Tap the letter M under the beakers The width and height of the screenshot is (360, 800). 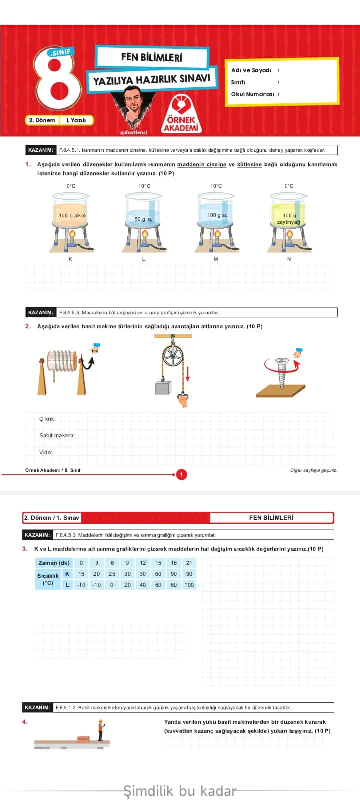(x=216, y=259)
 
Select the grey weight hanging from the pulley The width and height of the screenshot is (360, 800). (x=163, y=388)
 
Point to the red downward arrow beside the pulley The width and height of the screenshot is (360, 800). (x=188, y=372)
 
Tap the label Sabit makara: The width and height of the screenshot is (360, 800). (x=57, y=435)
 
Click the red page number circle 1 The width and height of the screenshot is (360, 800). (x=182, y=474)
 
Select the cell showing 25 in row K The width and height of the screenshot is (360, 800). (x=112, y=574)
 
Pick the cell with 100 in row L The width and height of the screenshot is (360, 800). (x=189, y=585)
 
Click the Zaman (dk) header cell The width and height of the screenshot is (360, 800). (x=54, y=563)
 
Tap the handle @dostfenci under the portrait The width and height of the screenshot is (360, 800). (x=133, y=133)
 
